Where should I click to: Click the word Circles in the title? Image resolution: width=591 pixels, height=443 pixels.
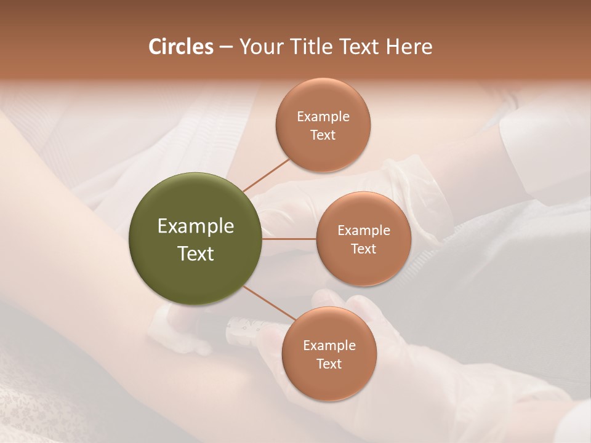[x=180, y=47]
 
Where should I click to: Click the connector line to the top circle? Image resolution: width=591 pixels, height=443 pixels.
[x=267, y=175]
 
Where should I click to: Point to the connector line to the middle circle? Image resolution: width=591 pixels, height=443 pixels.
[x=289, y=239]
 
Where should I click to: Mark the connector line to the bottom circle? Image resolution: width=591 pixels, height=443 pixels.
[x=269, y=301]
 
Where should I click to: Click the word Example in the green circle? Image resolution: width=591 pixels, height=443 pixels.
[x=195, y=226]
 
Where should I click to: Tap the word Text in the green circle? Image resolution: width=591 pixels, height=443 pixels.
[x=195, y=253]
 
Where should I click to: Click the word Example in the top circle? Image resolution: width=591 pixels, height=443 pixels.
[x=323, y=117]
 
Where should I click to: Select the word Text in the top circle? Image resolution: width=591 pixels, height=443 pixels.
[x=323, y=135]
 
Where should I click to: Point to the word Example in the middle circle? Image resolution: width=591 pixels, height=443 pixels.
[x=363, y=231]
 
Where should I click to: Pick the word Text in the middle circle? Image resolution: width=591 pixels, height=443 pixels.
[x=363, y=249]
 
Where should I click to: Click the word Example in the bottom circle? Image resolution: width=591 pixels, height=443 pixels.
[x=329, y=346]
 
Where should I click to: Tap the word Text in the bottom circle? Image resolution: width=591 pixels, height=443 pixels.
[x=329, y=364]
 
